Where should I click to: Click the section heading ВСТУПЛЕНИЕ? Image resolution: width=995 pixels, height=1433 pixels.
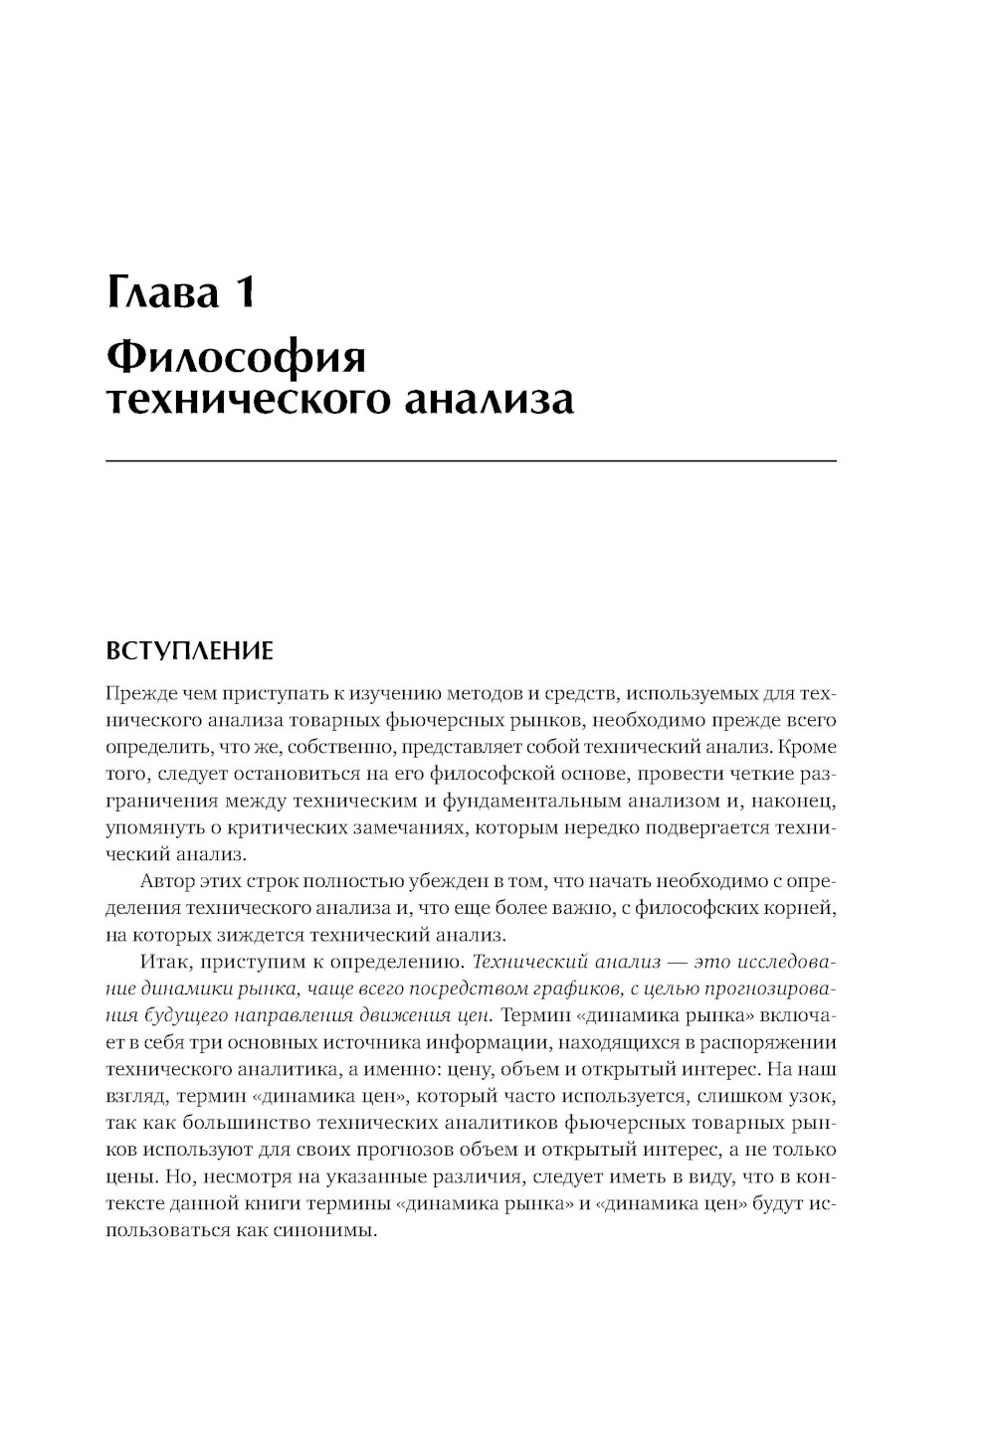point(188,651)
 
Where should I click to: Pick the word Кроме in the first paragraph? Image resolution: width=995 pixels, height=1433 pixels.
point(807,746)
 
